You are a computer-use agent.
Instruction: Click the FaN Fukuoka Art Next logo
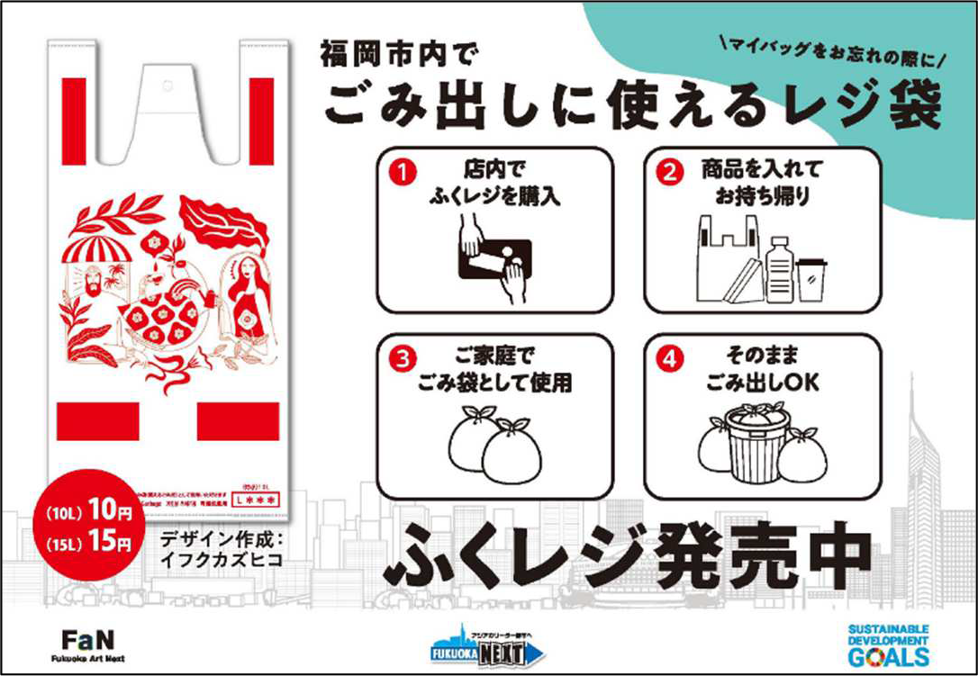(x=87, y=644)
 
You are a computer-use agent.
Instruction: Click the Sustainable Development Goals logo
(x=888, y=643)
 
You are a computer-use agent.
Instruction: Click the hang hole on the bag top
(x=166, y=87)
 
